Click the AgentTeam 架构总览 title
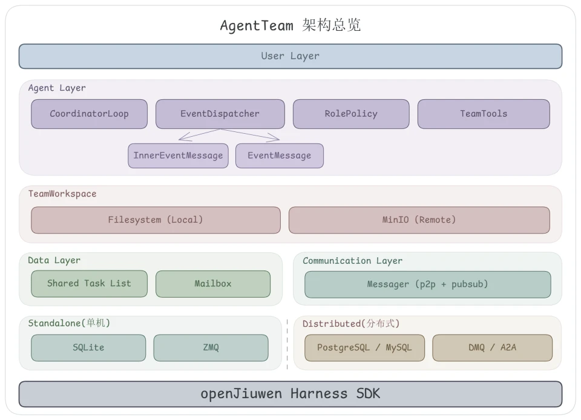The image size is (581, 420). pos(290,25)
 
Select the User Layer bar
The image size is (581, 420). pos(290,56)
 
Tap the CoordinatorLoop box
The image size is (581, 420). pos(89,114)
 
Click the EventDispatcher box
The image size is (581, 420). pos(220,114)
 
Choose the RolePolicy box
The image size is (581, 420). pos(350,114)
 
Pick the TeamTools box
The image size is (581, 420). pos(483,114)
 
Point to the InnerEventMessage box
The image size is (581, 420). pos(178,156)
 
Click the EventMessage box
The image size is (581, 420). pos(279,156)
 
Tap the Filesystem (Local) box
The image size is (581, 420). pos(156,220)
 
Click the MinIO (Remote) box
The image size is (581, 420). pos(419,220)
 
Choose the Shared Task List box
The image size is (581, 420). pos(89,283)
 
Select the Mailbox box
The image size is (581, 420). pos(212,284)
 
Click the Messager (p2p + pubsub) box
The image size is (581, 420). pos(427,284)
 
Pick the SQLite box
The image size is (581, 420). pos(88,347)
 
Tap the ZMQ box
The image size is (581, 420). pos(211,347)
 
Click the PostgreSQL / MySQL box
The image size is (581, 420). pos(364,347)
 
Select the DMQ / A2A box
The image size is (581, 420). pos(492,347)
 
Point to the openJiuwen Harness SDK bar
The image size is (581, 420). pos(290,394)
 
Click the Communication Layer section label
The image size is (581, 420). pos(352,261)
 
